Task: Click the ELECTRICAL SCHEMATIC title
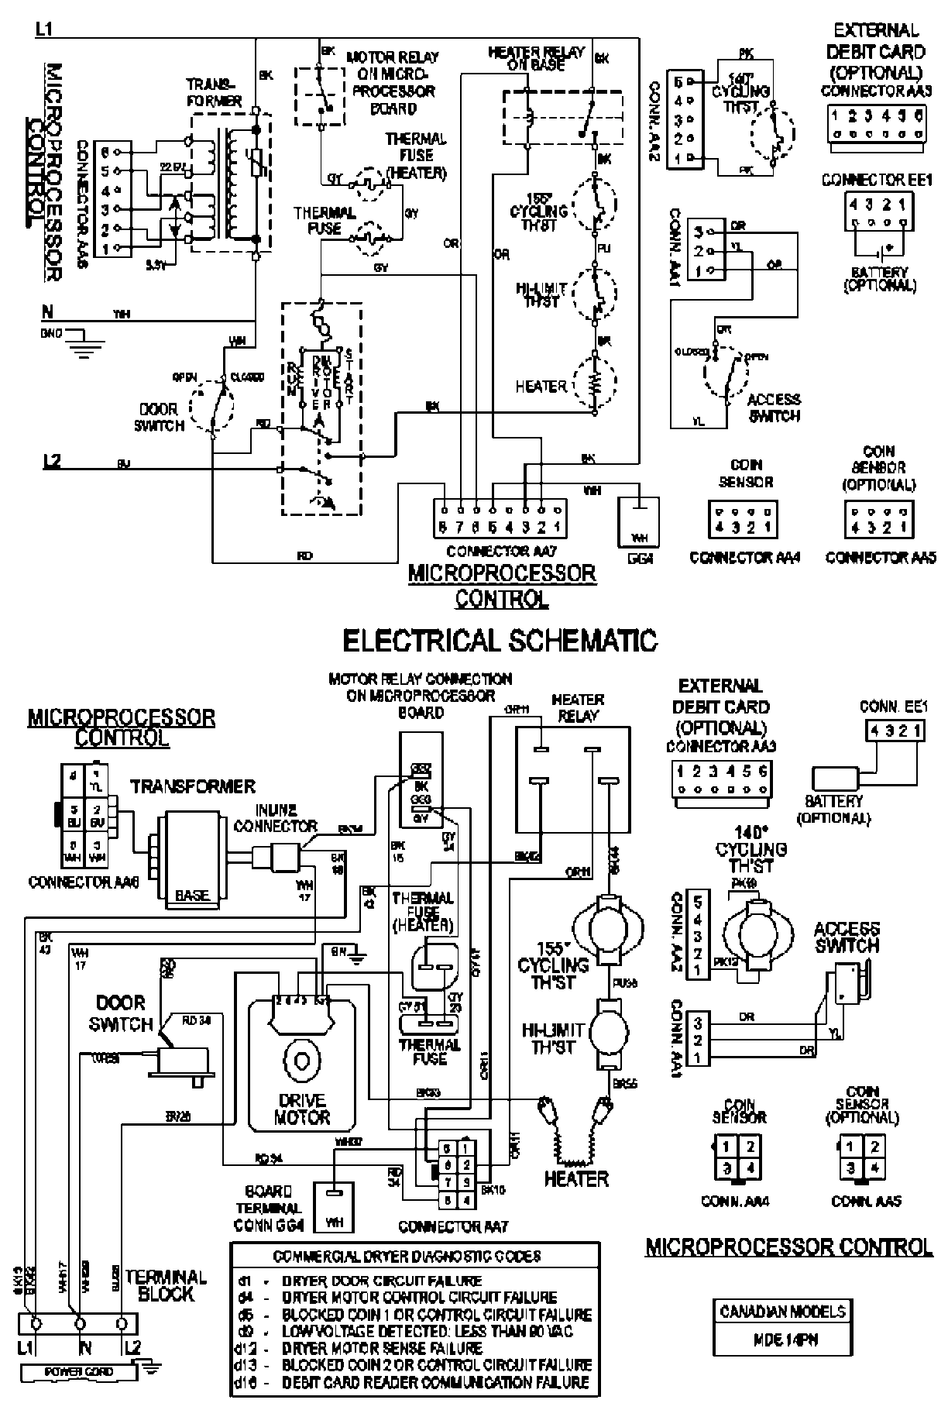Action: point(500,641)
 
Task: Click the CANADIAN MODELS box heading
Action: point(782,1312)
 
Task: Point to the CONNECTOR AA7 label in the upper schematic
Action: point(501,552)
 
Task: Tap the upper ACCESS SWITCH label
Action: point(774,408)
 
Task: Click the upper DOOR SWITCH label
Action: point(161,418)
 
